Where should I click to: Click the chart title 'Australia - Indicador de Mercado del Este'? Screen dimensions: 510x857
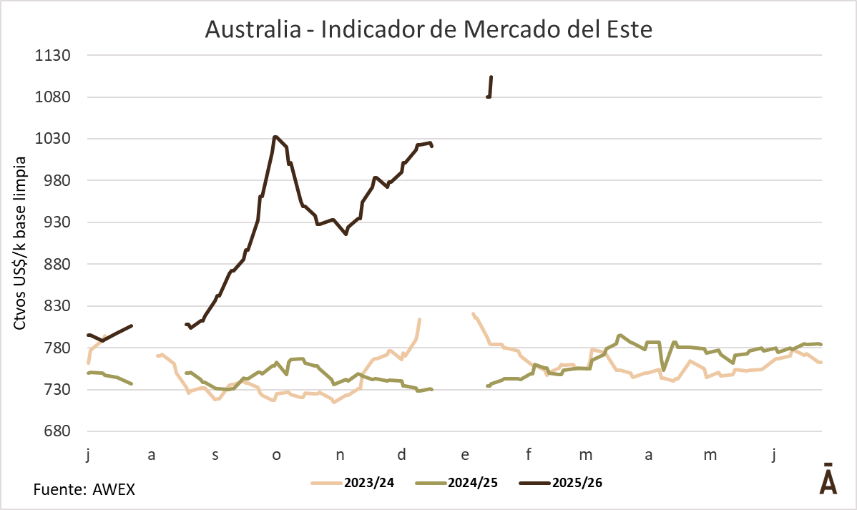point(428,29)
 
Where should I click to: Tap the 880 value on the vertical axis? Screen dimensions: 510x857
point(55,264)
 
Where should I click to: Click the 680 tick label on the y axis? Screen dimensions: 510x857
point(55,431)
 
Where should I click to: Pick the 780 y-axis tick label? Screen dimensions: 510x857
point(55,348)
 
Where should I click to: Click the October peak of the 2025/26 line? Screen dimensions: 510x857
point(275,137)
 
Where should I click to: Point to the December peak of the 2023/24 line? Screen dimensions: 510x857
point(419,320)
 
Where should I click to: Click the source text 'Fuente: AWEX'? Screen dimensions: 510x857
point(84,491)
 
